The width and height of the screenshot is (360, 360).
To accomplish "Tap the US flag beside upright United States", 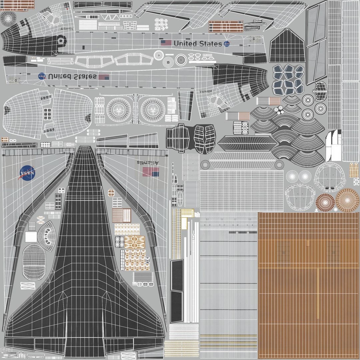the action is point(166,43).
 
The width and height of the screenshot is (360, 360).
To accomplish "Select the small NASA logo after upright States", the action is point(227,44).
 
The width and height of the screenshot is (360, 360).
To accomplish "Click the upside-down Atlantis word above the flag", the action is point(148,162).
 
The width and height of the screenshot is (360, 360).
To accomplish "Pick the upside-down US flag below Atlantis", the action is point(151,172).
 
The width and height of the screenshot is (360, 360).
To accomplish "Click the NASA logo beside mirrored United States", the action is point(42,76).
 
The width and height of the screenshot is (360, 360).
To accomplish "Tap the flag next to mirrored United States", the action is point(104,77).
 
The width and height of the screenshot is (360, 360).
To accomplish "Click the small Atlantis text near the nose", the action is point(66,29).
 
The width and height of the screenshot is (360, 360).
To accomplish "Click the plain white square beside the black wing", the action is point(31,237).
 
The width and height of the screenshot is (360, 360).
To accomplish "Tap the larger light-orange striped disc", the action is point(347,200).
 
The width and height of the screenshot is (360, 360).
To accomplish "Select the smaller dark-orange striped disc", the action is point(325,202).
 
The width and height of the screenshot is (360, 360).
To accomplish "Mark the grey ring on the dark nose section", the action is point(61,41).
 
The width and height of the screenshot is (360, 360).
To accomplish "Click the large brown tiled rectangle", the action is point(308,285).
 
